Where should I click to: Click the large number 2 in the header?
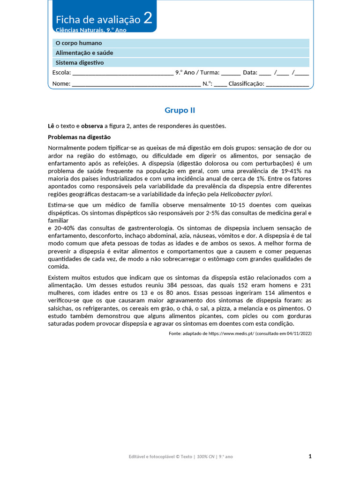point(148,18)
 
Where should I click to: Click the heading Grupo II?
point(180,111)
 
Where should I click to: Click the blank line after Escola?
point(123,73)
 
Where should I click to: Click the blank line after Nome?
point(136,84)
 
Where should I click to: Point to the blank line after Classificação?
point(287,84)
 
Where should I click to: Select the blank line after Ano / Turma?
point(231,73)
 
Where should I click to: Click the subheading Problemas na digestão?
point(79,137)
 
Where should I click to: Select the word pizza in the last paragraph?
point(225,308)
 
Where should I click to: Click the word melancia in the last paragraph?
point(254,308)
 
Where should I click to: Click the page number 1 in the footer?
point(310,456)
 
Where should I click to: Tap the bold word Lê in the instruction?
point(51,126)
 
